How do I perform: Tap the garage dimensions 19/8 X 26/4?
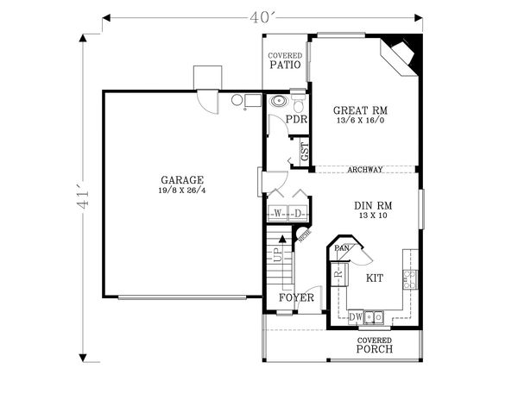pyautogui.click(x=181, y=190)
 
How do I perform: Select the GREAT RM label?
pyautogui.click(x=360, y=110)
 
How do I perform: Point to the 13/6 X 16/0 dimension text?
pyautogui.click(x=360, y=121)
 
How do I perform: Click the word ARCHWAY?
pyautogui.click(x=365, y=170)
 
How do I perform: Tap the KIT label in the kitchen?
pyautogui.click(x=375, y=278)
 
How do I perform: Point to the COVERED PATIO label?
pyautogui.click(x=284, y=60)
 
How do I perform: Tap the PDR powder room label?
pyautogui.click(x=297, y=120)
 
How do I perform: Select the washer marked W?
pyautogui.click(x=278, y=213)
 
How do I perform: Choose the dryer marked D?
pyautogui.click(x=297, y=213)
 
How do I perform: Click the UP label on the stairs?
pyautogui.click(x=276, y=254)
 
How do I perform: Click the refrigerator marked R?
pyautogui.click(x=339, y=275)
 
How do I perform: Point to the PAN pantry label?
pyautogui.click(x=342, y=249)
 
